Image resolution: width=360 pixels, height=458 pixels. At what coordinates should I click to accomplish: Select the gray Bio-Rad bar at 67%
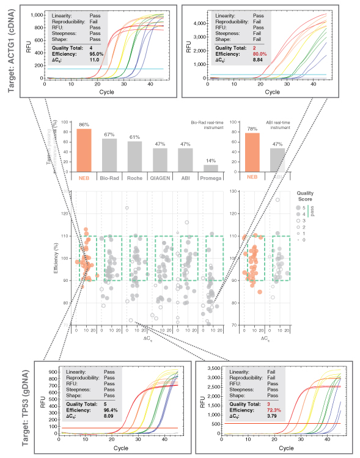click(109, 156)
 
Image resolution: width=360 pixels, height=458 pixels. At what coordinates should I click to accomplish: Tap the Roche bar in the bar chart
click(134, 157)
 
